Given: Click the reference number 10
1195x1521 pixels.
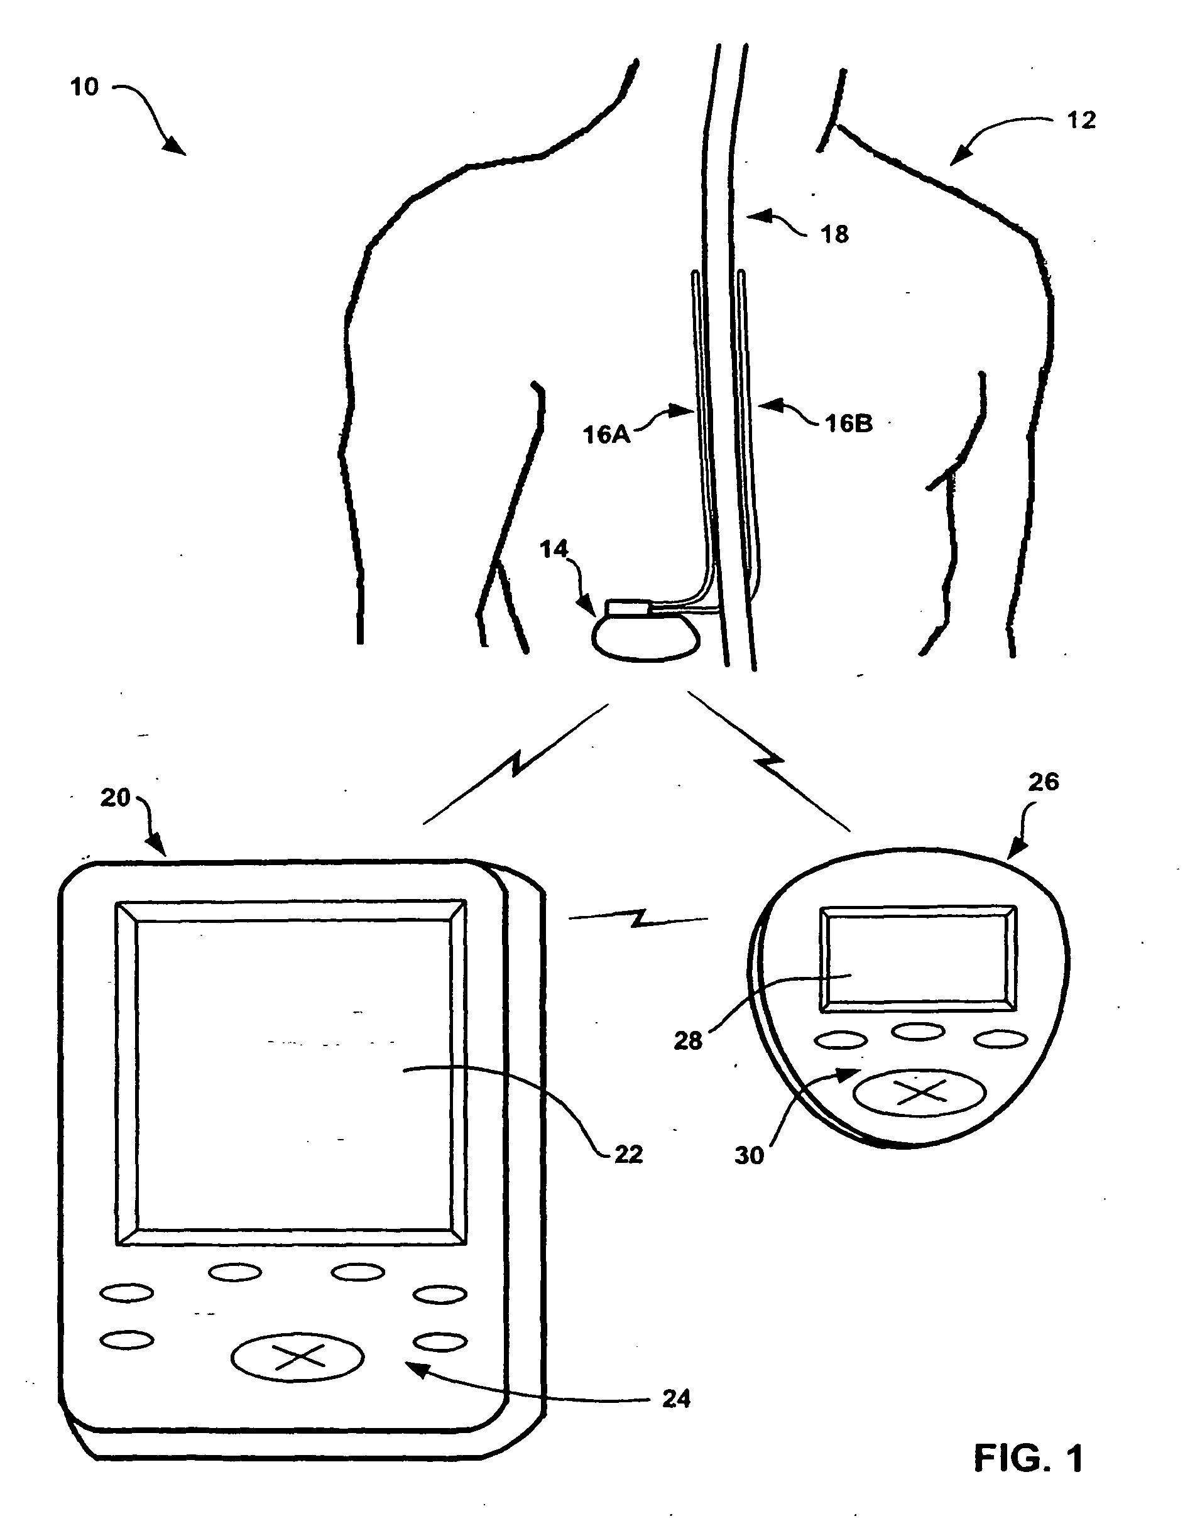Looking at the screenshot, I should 85,87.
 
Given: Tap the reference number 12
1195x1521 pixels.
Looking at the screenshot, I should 1081,121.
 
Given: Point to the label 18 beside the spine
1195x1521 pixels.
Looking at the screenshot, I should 834,234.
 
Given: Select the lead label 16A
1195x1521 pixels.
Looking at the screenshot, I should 606,435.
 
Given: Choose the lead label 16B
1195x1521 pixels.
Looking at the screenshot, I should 849,423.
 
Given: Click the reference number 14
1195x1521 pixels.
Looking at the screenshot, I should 554,549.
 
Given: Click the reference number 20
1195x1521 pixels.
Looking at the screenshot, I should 116,798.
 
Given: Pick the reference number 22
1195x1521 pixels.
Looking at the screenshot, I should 628,1153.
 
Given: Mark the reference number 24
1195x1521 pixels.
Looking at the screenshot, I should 676,1398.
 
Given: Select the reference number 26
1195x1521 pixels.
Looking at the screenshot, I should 1043,782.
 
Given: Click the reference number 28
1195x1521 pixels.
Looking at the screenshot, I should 688,1041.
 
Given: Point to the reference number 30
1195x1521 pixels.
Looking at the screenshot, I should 749,1155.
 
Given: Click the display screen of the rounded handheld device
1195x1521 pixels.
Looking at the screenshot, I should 918,959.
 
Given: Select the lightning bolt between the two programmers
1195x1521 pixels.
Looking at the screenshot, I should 638,918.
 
